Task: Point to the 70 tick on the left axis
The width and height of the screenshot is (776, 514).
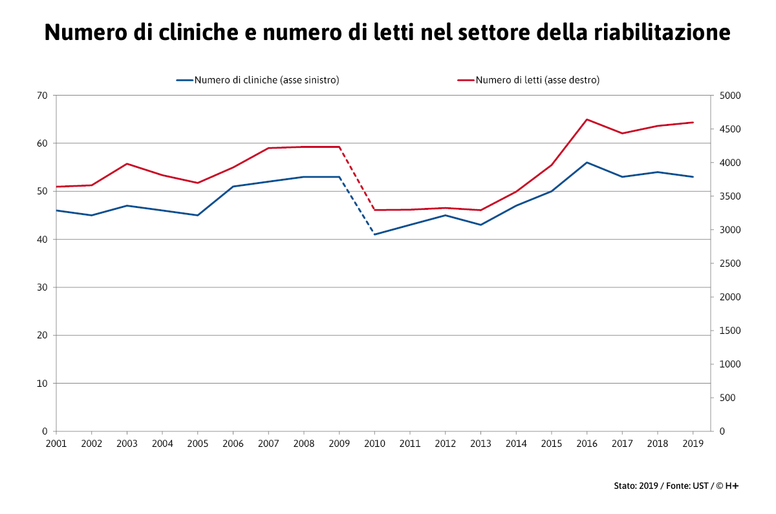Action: tap(42, 96)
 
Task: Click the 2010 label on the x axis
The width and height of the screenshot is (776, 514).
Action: tap(374, 444)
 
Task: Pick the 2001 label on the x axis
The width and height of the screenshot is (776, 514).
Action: tap(56, 444)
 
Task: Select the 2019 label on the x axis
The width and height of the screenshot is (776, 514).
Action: tap(693, 444)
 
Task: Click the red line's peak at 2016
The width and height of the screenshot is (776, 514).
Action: tap(587, 119)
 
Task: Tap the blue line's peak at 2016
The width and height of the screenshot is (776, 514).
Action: tap(587, 163)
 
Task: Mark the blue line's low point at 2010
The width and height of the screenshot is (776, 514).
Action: tap(374, 234)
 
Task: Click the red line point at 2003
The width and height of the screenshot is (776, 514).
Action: tap(127, 164)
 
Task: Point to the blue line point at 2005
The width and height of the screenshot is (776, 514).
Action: tap(197, 215)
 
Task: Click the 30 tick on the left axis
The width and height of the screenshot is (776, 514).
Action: tap(42, 287)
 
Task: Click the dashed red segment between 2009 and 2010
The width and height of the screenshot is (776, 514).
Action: tap(357, 178)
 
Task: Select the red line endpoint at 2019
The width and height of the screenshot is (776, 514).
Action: tap(693, 122)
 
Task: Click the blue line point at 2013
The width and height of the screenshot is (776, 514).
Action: tap(480, 225)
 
